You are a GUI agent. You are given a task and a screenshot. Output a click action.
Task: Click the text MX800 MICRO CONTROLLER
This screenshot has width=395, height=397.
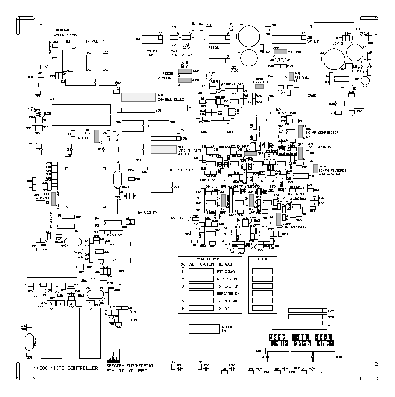(x=66, y=368)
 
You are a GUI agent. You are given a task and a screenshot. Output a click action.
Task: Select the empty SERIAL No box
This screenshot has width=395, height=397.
(x=204, y=329)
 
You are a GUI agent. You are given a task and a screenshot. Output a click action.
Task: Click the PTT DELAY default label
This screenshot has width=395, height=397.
(x=226, y=271)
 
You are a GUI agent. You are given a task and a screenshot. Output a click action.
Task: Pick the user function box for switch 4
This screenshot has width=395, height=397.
(x=201, y=293)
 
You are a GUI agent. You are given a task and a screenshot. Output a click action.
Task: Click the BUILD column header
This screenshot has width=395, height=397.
(x=262, y=260)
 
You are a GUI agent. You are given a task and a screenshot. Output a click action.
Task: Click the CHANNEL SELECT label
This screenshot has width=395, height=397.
(x=172, y=99)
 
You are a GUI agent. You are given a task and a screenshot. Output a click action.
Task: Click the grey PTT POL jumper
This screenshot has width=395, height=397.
(x=281, y=51)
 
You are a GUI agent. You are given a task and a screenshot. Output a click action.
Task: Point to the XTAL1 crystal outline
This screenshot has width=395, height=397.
(x=117, y=179)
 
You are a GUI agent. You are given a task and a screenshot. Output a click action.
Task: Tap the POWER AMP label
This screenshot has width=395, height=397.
(x=152, y=54)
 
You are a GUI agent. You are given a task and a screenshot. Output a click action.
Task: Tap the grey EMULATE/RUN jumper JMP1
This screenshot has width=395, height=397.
(x=97, y=136)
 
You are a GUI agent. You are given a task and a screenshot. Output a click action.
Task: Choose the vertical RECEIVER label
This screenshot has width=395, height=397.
(x=51, y=218)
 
